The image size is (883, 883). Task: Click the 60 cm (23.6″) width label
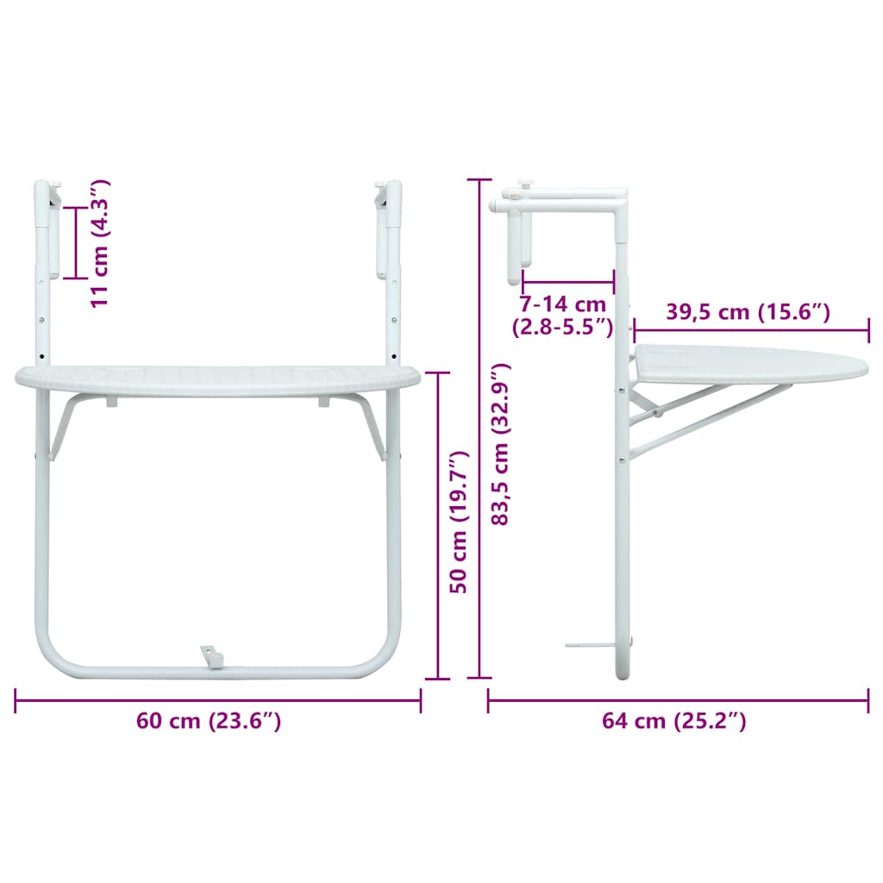[x=209, y=721]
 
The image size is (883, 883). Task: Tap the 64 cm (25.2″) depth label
[x=673, y=721]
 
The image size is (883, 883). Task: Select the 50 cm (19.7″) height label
[x=459, y=522]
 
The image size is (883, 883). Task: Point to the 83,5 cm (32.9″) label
[x=501, y=445]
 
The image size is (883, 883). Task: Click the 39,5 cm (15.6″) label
[x=748, y=312]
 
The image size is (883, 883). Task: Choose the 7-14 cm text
[x=562, y=304]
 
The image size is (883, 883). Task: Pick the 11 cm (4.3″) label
[x=100, y=243]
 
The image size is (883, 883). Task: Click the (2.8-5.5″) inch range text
[x=562, y=327]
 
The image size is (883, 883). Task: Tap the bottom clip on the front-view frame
[x=212, y=657]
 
